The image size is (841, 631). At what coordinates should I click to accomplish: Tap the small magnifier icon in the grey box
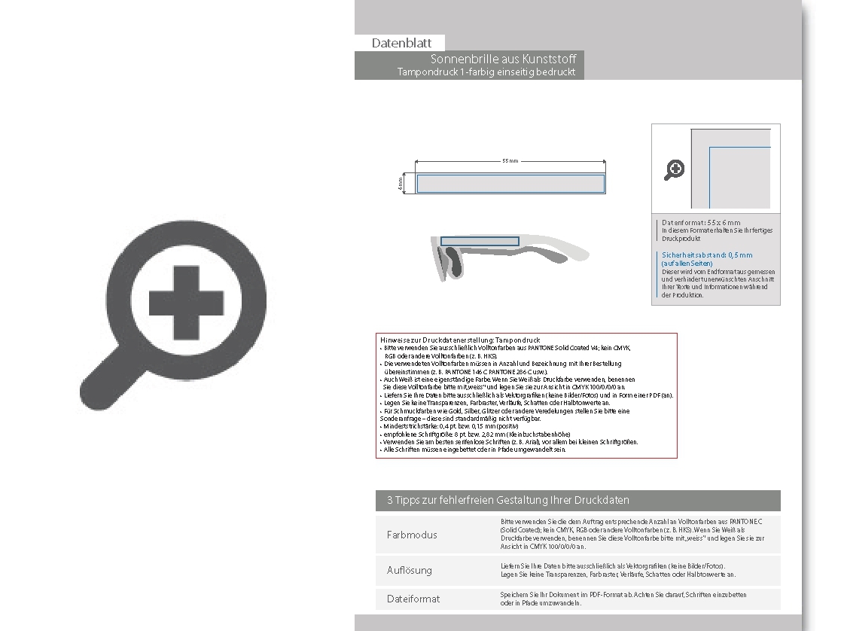tap(674, 170)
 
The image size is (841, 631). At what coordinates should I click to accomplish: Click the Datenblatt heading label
tap(401, 44)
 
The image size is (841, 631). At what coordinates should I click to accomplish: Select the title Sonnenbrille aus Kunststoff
tap(504, 59)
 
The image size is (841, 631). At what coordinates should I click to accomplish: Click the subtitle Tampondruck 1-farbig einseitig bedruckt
tap(486, 72)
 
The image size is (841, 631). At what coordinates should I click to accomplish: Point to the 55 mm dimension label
tap(510, 161)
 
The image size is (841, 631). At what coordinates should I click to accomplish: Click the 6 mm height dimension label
tap(401, 183)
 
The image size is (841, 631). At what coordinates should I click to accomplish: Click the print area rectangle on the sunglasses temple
tap(480, 242)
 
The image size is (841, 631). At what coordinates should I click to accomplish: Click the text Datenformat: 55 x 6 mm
tap(701, 223)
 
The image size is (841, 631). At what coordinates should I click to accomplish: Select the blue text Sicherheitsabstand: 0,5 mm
tap(706, 255)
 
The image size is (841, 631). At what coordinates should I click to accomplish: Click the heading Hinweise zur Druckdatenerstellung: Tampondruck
tap(460, 340)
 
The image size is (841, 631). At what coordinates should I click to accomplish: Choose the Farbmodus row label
tap(412, 535)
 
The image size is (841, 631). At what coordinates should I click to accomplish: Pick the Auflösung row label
tap(410, 570)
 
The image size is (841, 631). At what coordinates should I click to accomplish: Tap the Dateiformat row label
tap(413, 599)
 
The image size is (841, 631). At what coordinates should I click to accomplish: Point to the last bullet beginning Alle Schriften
tap(474, 450)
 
